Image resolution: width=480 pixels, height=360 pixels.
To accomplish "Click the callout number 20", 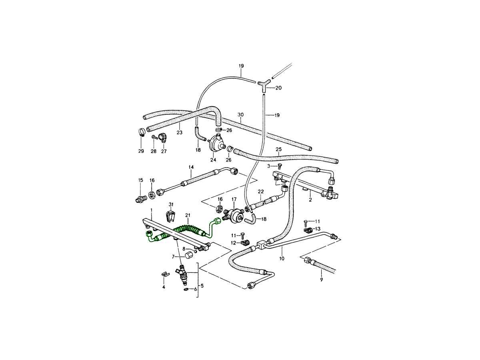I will pyautogui.click(x=279, y=88).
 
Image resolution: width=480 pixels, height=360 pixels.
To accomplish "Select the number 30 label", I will pyautogui.click(x=240, y=115).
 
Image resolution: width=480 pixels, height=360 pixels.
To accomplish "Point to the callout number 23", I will pyautogui.click(x=179, y=132).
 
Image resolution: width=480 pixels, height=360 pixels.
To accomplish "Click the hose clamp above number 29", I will pyautogui.click(x=141, y=132).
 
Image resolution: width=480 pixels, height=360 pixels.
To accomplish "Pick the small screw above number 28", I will pyautogui.click(x=154, y=137).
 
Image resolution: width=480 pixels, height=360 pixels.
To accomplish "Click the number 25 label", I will pyautogui.click(x=279, y=149).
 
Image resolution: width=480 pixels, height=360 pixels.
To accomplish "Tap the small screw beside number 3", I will pyautogui.click(x=280, y=166).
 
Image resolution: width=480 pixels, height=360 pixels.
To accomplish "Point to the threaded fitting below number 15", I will pyautogui.click(x=141, y=198).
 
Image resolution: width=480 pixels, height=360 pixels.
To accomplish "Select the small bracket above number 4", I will pyautogui.click(x=163, y=274).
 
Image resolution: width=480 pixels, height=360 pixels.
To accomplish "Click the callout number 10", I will pyautogui.click(x=282, y=259).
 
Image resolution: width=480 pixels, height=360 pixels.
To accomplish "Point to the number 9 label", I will pyautogui.click(x=321, y=280).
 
